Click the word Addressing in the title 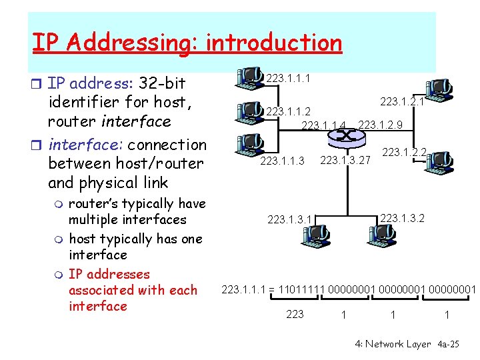133,43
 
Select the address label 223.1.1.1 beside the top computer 287,79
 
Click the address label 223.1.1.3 283,160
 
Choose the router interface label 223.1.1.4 324,125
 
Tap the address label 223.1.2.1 402,101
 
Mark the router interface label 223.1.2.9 380,124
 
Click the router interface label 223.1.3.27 345,160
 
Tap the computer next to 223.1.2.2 437,160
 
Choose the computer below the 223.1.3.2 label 382,233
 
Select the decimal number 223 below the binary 294,314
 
